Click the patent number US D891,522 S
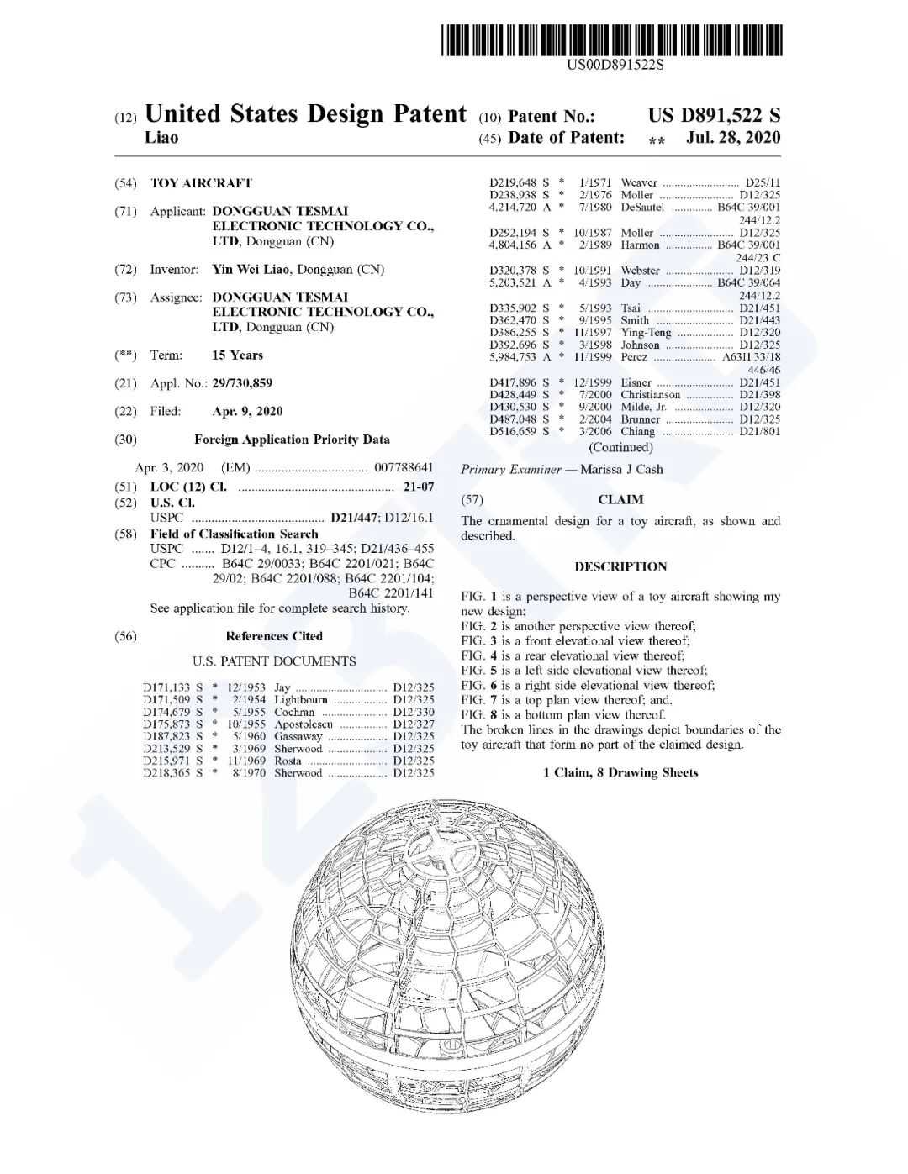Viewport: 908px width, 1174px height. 713,115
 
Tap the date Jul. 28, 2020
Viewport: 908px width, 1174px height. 732,138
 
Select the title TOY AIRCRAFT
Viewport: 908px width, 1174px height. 201,183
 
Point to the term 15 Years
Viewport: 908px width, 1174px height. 237,355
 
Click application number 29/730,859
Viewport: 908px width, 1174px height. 242,383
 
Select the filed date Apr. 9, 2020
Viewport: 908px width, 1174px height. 247,412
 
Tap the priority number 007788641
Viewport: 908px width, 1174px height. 404,467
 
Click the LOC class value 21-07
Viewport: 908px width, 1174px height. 418,487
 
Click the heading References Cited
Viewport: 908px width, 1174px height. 274,636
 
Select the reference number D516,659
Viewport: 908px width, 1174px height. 512,431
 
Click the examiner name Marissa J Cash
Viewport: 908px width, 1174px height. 621,470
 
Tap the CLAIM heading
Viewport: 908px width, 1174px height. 620,499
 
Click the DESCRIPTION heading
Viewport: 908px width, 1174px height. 620,566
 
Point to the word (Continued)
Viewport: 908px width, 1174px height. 620,447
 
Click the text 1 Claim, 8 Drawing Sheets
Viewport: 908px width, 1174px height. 620,772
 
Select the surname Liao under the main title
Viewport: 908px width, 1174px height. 161,138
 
